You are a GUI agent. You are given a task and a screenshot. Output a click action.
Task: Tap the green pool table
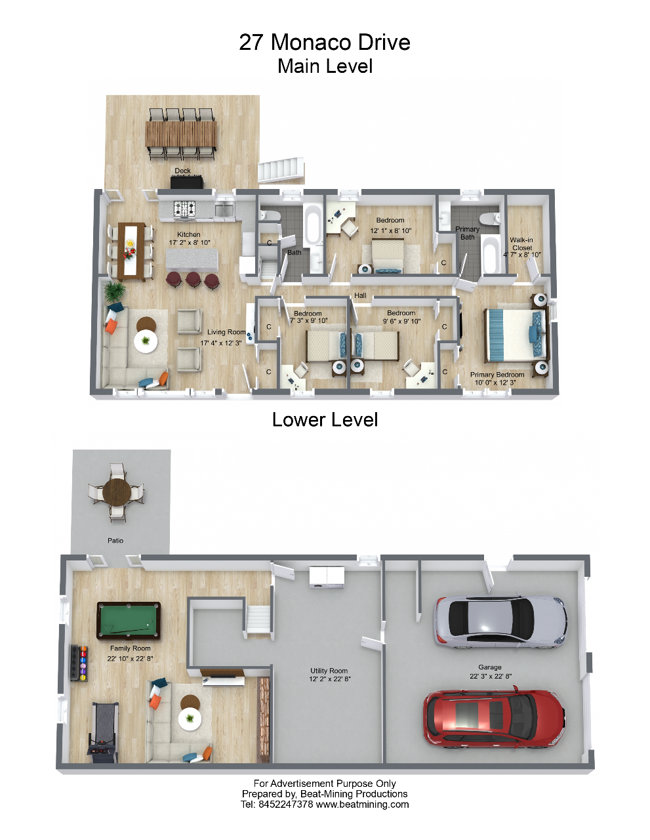tap(128, 620)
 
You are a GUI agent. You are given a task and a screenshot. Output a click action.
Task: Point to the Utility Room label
tap(329, 671)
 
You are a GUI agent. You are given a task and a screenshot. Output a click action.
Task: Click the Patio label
tap(115, 540)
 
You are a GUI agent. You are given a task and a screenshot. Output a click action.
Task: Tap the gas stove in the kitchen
tap(184, 209)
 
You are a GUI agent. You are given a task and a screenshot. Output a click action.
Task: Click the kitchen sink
tap(224, 209)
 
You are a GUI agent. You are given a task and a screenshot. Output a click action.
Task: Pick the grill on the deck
tap(187, 182)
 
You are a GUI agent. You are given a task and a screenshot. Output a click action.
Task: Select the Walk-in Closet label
tap(522, 244)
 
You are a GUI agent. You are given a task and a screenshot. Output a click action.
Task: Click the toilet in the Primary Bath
tap(489, 219)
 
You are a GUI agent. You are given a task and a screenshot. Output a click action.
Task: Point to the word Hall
tap(360, 295)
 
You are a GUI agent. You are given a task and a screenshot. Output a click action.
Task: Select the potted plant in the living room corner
tap(115, 292)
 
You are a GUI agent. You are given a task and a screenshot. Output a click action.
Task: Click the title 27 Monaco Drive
tap(325, 42)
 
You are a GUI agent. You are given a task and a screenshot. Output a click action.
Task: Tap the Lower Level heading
tap(325, 420)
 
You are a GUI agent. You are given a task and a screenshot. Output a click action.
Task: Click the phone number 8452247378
tap(285, 805)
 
